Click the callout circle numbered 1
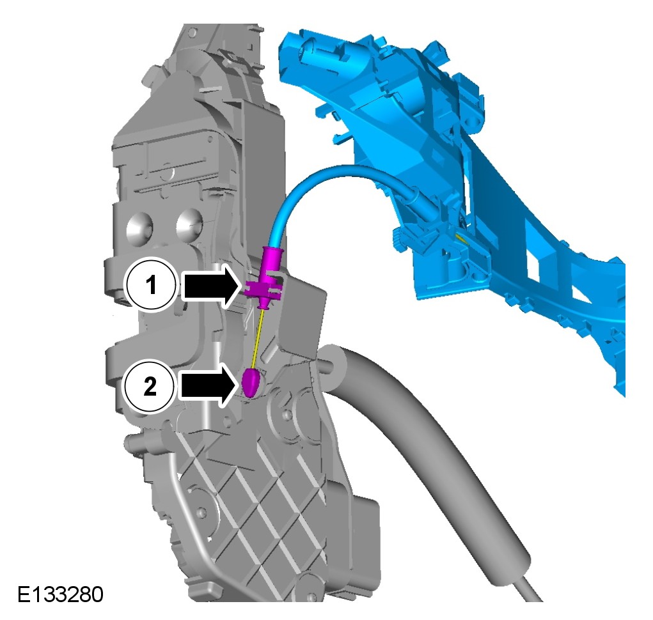click(151, 286)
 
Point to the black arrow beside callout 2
click(208, 385)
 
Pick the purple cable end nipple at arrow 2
click(251, 382)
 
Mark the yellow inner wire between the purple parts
click(258, 338)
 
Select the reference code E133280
click(60, 594)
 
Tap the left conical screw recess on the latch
click(140, 228)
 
